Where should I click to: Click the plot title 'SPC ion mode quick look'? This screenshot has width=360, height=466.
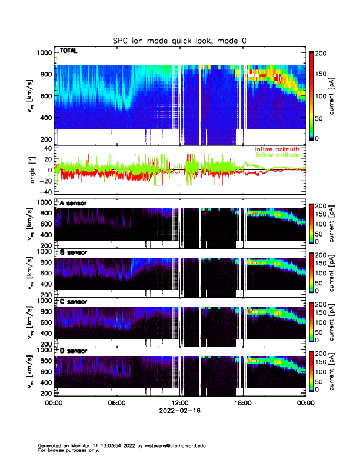coord(179,41)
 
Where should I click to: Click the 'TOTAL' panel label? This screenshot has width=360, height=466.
coord(68,51)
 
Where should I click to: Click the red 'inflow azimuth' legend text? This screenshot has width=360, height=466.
coord(277,149)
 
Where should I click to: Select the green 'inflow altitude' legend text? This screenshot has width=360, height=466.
coord(277,155)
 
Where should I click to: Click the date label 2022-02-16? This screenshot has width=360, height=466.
coord(179,411)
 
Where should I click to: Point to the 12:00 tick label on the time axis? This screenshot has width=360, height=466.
coord(179,403)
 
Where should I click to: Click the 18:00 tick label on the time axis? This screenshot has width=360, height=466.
coord(242,403)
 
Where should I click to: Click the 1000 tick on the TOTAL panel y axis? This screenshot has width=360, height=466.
coord(44,52)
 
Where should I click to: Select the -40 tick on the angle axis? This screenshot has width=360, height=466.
coord(45,192)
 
